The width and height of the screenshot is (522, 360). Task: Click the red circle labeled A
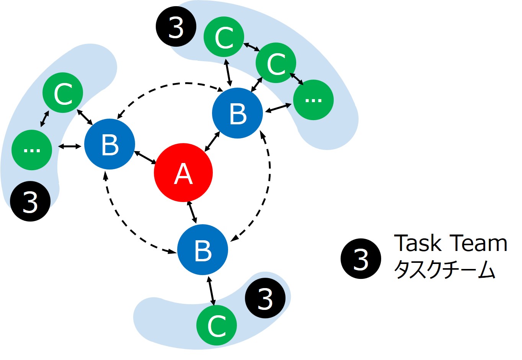183,173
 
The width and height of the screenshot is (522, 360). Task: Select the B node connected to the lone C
202,250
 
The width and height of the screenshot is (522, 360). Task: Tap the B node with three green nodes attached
237,113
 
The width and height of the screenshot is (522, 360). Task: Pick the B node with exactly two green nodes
109,145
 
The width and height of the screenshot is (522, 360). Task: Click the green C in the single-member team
216,325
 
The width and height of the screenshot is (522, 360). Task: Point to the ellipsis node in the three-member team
313,100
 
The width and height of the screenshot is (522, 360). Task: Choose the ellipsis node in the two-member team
32,150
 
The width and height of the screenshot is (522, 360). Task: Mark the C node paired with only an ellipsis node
63,93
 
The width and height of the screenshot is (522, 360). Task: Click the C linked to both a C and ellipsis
276,63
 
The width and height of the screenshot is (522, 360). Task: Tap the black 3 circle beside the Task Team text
361,259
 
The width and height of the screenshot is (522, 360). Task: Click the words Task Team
450,243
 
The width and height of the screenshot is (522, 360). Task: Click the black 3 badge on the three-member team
176,27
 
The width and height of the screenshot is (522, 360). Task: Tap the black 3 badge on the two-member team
30,201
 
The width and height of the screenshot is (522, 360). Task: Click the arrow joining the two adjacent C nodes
252,47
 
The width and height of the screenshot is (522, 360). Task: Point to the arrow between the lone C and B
211,291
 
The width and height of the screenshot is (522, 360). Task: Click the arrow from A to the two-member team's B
144,157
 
